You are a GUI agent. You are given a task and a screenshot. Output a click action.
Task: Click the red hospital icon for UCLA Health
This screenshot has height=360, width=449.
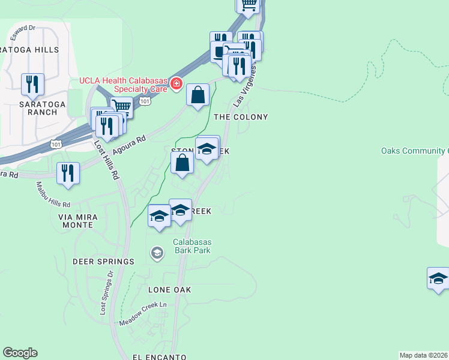(176, 83)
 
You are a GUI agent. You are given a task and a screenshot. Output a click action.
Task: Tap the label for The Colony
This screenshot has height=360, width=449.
(241, 117)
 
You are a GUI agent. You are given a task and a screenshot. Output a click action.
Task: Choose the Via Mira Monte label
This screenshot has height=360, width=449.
(76, 220)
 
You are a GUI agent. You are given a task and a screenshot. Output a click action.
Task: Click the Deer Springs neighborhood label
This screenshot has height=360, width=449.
(103, 262)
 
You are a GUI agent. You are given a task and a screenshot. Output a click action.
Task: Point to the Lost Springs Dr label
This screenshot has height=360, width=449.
(106, 293)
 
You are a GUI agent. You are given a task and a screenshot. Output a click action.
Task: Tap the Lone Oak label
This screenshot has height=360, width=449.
(170, 290)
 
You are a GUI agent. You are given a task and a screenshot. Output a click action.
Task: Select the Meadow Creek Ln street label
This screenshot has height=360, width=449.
(142, 315)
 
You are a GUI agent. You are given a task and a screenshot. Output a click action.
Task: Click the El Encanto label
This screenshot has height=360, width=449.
(156, 356)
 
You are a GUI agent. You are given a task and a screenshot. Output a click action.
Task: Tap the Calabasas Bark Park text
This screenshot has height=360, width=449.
(192, 246)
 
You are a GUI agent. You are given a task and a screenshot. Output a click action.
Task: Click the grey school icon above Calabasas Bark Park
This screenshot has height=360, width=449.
(157, 253)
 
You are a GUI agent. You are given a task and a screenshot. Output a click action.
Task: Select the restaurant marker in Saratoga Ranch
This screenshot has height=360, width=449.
(32, 84)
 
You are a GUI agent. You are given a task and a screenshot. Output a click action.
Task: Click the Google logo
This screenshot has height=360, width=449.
(20, 353)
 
